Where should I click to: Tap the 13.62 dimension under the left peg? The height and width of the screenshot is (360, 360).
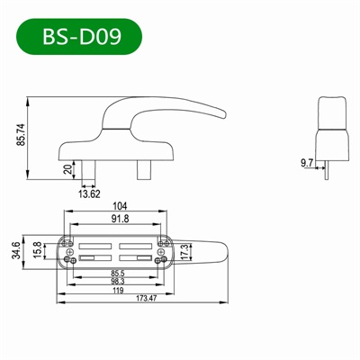pyautogui.click(x=89, y=192)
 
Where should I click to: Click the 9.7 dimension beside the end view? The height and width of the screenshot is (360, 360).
pyautogui.click(x=305, y=162)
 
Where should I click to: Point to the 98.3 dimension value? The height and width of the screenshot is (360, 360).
pyautogui.click(x=117, y=282)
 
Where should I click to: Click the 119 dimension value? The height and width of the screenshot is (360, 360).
pyautogui.click(x=117, y=291)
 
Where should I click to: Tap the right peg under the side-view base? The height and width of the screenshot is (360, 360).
pyautogui.click(x=145, y=167)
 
